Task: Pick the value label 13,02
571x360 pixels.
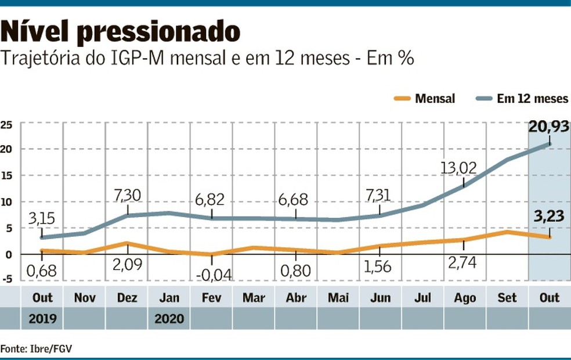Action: point(458,168)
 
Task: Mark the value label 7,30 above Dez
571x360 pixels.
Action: point(127,195)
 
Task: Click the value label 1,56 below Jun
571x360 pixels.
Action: point(379,268)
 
